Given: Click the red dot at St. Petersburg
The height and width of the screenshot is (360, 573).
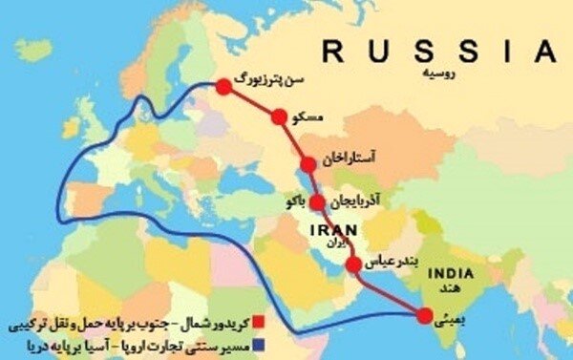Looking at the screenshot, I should click(223, 87).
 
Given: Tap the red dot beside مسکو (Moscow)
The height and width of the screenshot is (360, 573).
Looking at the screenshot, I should click(279, 117).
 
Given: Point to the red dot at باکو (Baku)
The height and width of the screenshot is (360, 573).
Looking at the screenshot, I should click(317, 202).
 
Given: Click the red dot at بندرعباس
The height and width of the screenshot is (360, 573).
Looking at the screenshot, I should click(353, 264).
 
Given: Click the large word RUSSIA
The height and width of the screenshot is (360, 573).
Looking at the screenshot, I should click(437, 51).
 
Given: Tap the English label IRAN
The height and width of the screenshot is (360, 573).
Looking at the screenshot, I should click(335, 230).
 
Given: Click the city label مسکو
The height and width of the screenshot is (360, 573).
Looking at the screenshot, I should click(311, 116).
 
